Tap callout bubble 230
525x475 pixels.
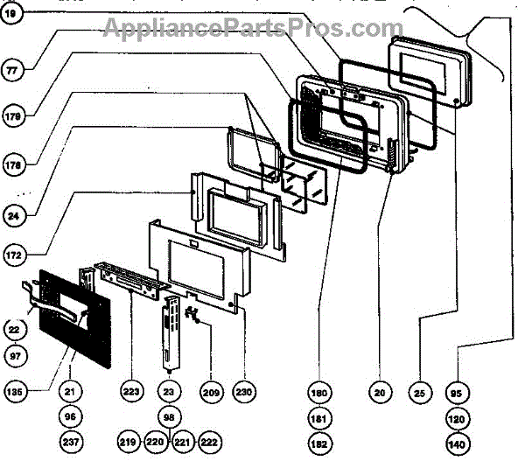[x=243, y=393]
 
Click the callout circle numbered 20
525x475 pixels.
[x=380, y=394]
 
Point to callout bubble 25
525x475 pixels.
[x=419, y=394]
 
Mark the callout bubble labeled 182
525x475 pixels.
[x=318, y=443]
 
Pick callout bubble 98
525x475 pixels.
[x=168, y=417]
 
